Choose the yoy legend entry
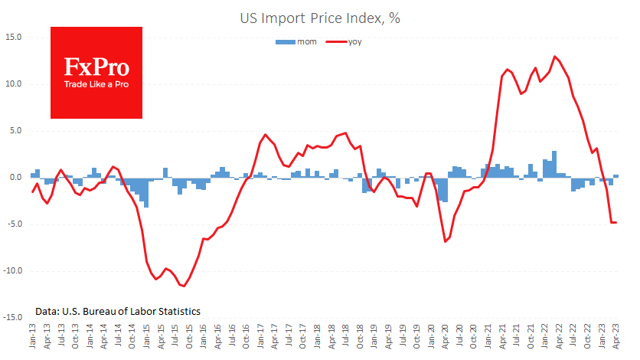point(344,42)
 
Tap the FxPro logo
point(96,72)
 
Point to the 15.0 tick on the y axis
point(14,37)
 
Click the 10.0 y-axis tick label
point(14,83)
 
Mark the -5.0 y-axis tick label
point(14,224)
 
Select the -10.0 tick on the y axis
point(12,271)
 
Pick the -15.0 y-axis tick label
point(12,318)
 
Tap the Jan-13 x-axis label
point(32,336)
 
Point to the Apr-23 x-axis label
point(616,336)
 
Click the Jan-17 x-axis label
point(260,336)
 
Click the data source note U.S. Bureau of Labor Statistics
point(118,312)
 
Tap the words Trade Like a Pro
point(96,83)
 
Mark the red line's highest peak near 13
point(554,57)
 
